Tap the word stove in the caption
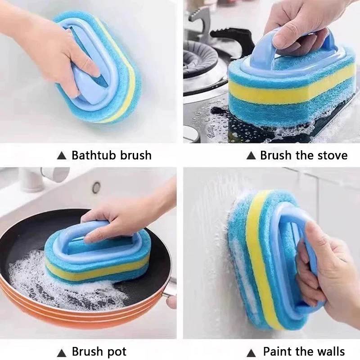[x=332, y=156]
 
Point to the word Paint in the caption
[x=277, y=351]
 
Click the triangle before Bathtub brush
[x=62, y=156]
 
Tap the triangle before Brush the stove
[x=251, y=156]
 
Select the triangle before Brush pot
[x=62, y=352]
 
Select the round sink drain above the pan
[x=96, y=187]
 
